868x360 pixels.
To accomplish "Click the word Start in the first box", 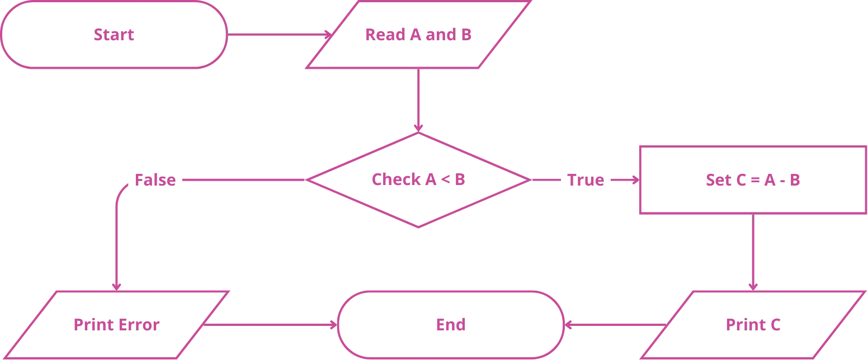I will [114, 35].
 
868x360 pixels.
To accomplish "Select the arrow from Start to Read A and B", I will [277, 34].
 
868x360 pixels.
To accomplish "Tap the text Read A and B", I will [418, 34].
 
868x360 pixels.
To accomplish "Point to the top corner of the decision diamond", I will [418, 134].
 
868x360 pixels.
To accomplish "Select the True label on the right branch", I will [586, 180].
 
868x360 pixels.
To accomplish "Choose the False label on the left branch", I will [155, 181].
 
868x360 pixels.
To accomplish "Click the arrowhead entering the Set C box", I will [635, 181].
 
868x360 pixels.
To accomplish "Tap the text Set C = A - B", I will [752, 180].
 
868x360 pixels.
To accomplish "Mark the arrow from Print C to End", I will [615, 325].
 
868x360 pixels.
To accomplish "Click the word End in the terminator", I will [450, 324].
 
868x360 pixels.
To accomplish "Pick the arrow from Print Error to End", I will [271, 325].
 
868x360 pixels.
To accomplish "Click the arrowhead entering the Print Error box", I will [117, 286].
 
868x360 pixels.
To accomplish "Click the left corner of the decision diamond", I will [310, 180].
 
